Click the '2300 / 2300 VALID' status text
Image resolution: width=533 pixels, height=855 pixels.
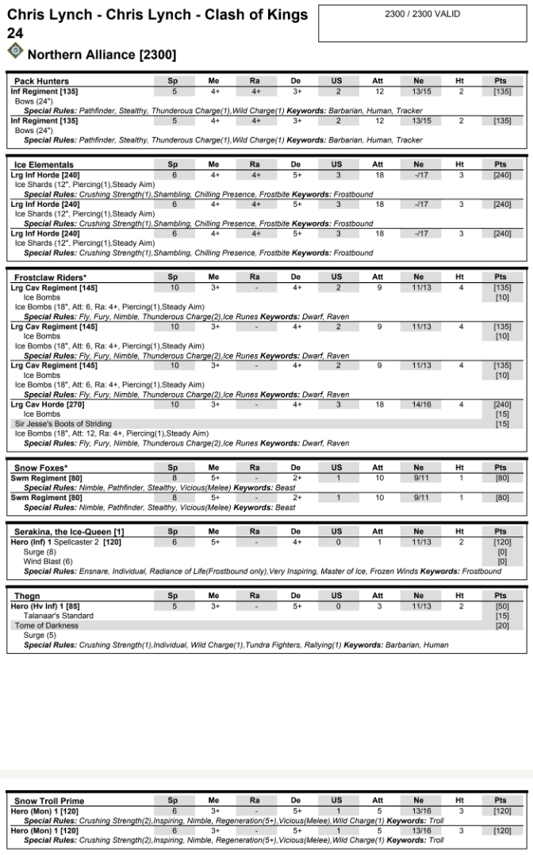422,14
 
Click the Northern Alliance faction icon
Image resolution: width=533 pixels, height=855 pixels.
15,52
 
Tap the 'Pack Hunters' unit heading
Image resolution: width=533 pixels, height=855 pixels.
41,81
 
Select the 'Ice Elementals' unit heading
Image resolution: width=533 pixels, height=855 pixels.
44,165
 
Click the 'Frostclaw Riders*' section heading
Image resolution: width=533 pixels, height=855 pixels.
51,277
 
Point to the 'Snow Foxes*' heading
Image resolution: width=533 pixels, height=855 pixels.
40,468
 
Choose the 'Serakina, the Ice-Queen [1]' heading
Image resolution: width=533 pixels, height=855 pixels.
69,531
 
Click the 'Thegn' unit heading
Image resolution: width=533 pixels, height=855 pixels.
27,595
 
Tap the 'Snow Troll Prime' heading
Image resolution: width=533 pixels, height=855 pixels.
48,801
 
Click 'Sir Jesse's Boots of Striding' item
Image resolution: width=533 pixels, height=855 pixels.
63,424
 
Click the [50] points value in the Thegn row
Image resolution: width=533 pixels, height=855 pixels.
501,606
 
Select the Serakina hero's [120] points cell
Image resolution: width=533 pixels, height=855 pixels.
501,542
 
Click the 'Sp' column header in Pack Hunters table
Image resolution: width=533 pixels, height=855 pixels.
173,81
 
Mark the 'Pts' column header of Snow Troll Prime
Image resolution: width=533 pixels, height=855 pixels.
500,801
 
